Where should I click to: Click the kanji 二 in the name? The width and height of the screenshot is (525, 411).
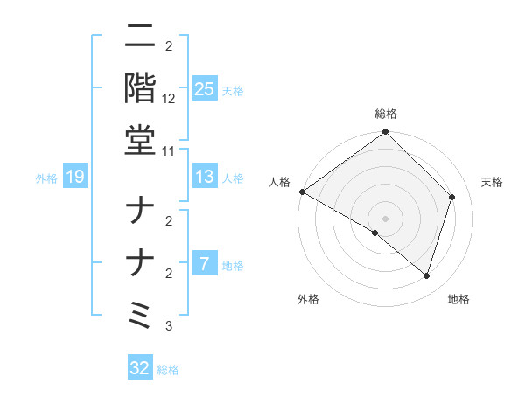tap(141, 38)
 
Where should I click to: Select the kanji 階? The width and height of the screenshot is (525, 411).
tap(141, 88)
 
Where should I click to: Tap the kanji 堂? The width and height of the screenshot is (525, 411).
tap(141, 139)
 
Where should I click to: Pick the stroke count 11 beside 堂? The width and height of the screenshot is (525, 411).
tap(169, 151)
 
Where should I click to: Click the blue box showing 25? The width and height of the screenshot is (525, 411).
tap(204, 89)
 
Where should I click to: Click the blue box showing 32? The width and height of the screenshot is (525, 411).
tap(140, 368)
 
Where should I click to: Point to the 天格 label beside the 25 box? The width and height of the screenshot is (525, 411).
tap(232, 90)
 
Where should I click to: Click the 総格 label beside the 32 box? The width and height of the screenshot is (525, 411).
tap(168, 369)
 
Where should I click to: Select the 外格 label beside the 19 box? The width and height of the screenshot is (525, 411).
tap(46, 178)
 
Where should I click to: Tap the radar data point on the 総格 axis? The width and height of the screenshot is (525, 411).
tap(385, 133)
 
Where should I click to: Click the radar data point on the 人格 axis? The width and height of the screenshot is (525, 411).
tap(302, 192)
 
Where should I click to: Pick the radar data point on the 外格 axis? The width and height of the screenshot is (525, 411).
tap(375, 233)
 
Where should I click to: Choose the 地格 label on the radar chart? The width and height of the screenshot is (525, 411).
tap(458, 300)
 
